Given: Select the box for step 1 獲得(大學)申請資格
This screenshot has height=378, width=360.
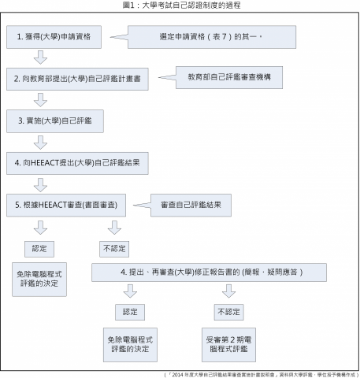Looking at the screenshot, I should tap(55, 37).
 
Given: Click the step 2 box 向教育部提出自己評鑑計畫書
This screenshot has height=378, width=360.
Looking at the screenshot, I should tap(78, 80).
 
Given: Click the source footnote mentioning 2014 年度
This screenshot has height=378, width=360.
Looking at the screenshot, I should tap(261, 373).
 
